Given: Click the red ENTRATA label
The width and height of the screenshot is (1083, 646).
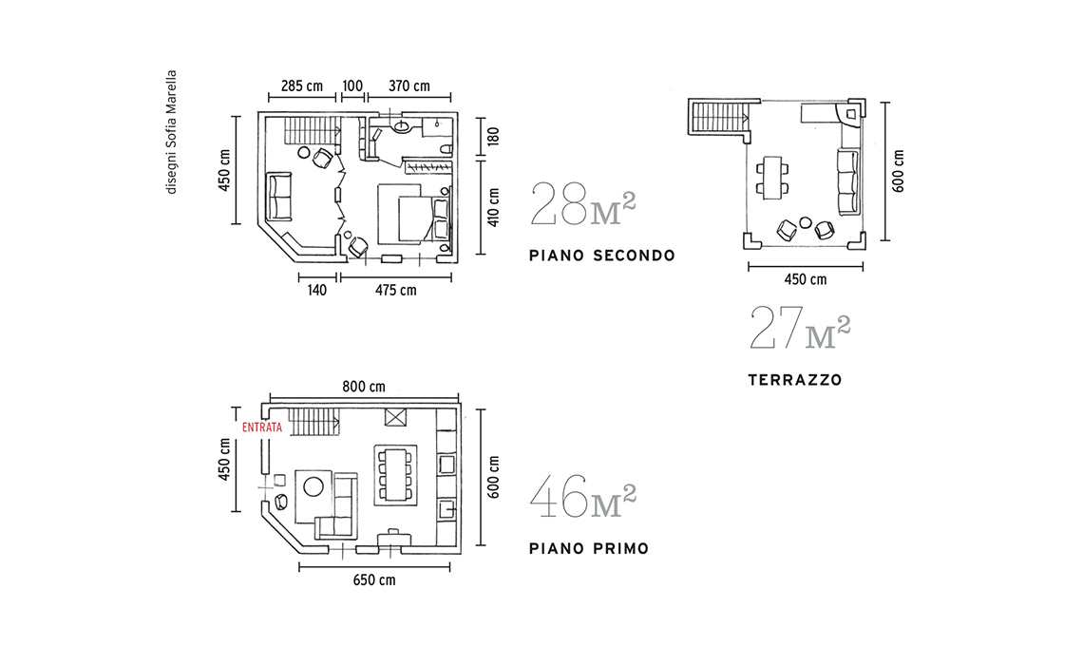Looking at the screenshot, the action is click(x=262, y=427).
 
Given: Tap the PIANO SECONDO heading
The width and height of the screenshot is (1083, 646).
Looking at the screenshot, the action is click(x=602, y=256).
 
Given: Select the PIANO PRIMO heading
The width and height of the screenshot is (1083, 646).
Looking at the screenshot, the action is click(x=589, y=548).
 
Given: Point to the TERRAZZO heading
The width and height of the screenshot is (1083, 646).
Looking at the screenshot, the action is click(x=795, y=380).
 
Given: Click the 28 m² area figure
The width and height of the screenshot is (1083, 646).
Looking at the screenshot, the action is click(x=583, y=204).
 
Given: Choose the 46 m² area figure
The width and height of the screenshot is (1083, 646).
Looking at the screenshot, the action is click(x=583, y=496).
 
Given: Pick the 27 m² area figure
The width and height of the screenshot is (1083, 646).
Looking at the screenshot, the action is click(x=800, y=328).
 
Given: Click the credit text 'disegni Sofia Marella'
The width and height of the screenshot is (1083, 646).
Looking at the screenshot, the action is click(x=171, y=132).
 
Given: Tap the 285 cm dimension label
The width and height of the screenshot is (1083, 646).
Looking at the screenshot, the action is click(x=302, y=86).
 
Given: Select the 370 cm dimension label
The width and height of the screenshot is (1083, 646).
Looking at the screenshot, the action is click(x=408, y=86).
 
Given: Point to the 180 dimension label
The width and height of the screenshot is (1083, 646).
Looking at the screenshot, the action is click(x=493, y=136).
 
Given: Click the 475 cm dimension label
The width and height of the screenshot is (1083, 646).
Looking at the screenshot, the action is click(x=396, y=290).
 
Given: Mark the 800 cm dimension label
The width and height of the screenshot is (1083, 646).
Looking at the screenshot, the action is click(x=364, y=387).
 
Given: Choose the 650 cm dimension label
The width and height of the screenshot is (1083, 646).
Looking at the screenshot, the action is click(x=374, y=580).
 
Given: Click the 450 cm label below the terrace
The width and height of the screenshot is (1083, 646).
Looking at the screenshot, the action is click(x=806, y=280).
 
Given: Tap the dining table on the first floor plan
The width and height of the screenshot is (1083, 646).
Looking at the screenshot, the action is click(x=396, y=473).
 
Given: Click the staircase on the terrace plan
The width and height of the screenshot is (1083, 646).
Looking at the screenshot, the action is click(x=718, y=116).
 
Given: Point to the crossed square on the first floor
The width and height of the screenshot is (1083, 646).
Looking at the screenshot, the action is click(x=396, y=418).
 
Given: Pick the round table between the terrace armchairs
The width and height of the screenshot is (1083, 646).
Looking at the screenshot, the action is click(x=806, y=222).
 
